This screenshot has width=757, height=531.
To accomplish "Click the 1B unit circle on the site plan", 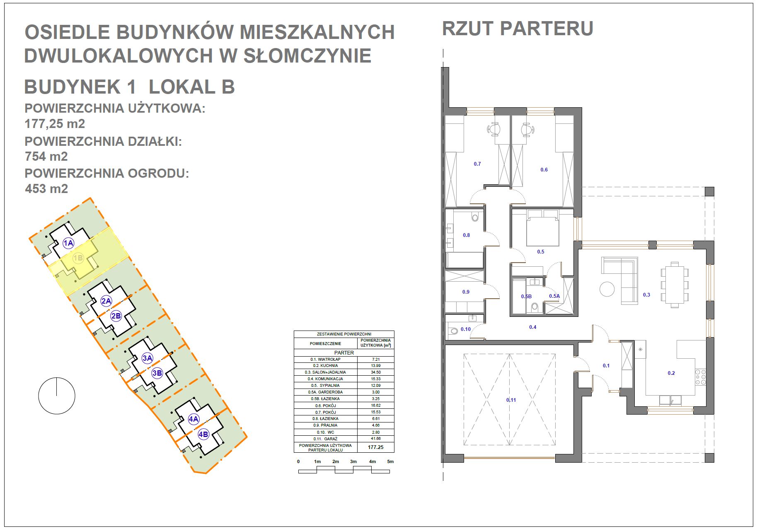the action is coord(78,258).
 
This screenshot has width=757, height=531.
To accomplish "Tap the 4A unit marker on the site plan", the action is coord(193,419).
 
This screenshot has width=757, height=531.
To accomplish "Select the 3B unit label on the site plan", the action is coord(157,373).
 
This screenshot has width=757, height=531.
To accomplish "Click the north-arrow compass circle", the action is coord(57,396).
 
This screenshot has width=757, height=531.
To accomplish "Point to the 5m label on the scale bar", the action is coord(390,461).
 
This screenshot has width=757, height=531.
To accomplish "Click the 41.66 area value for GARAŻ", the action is coord(376,439).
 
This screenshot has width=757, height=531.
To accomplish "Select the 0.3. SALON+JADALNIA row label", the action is coord(325,372).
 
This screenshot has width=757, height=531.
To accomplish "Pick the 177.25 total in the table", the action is coord(376,447).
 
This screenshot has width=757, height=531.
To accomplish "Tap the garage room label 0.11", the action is coord(511,400).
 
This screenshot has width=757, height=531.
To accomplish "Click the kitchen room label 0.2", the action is coord(671,373).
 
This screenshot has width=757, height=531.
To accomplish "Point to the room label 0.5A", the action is coord(554,296).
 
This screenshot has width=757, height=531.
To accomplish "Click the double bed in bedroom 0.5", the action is coord(542,228).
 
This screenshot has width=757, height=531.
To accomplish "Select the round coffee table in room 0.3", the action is coord(607,289).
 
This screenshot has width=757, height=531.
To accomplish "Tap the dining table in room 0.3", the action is coord(675,285).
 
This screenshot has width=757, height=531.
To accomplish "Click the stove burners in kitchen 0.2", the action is coord(701,377).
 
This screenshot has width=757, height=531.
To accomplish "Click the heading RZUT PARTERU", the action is coord(518,29).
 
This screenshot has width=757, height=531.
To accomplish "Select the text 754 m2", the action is coord(46,157).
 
